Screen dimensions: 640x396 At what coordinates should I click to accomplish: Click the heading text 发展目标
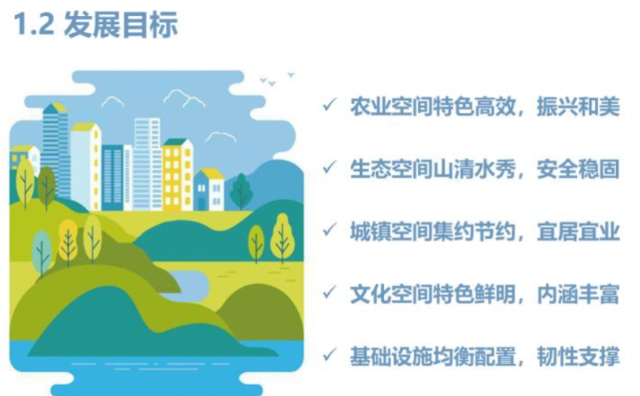121,25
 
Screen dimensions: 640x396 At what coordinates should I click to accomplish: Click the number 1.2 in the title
34,25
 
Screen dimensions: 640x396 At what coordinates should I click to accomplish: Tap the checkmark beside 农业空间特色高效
330,105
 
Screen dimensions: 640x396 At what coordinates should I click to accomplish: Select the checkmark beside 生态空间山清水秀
330,167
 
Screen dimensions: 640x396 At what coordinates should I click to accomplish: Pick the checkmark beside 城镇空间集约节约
330,230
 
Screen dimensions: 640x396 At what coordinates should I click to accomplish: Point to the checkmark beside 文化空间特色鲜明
330,293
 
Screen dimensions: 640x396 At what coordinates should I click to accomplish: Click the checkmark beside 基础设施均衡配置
330,355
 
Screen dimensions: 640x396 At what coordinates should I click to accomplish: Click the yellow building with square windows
178,175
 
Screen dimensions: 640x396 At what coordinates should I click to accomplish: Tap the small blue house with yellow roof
209,189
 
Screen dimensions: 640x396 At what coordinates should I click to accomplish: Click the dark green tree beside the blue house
241,191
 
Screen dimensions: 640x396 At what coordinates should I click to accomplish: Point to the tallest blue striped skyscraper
56,150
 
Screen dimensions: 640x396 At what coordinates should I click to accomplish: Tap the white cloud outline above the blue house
221,137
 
